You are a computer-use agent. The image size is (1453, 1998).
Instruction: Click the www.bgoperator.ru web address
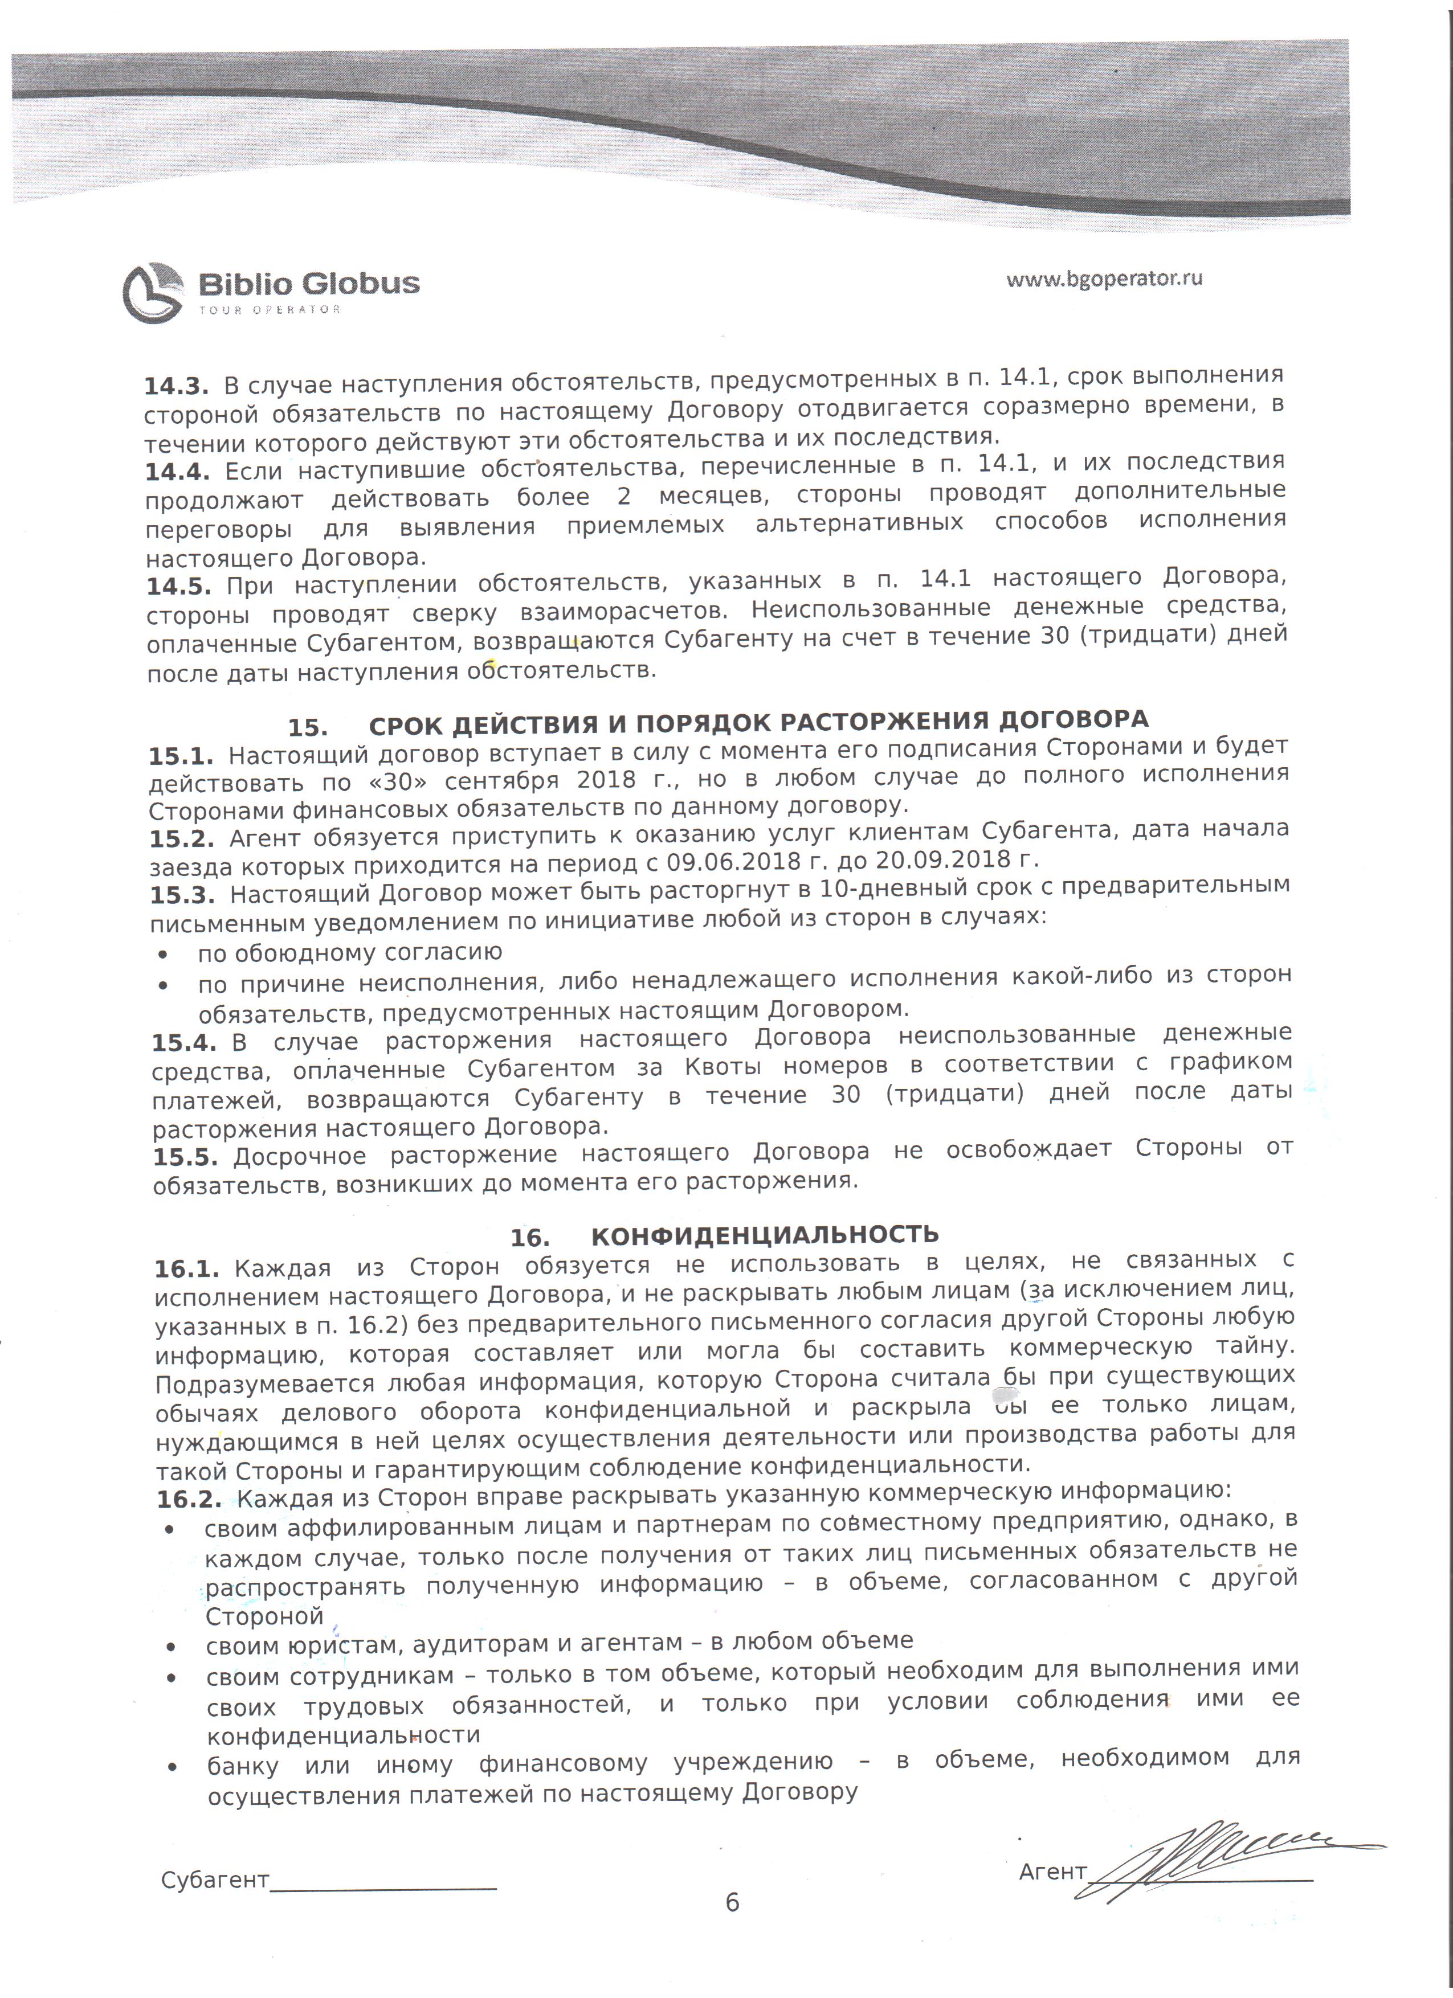pos(1104,279)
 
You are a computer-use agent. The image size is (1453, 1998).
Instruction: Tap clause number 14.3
pos(176,386)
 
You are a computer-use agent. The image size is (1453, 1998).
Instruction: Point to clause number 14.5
pos(178,587)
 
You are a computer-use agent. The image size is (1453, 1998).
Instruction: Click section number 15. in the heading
pos(308,728)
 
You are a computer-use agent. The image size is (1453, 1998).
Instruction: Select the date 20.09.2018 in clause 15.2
pos(945,858)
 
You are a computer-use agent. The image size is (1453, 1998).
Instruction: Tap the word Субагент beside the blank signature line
pos(214,1881)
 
